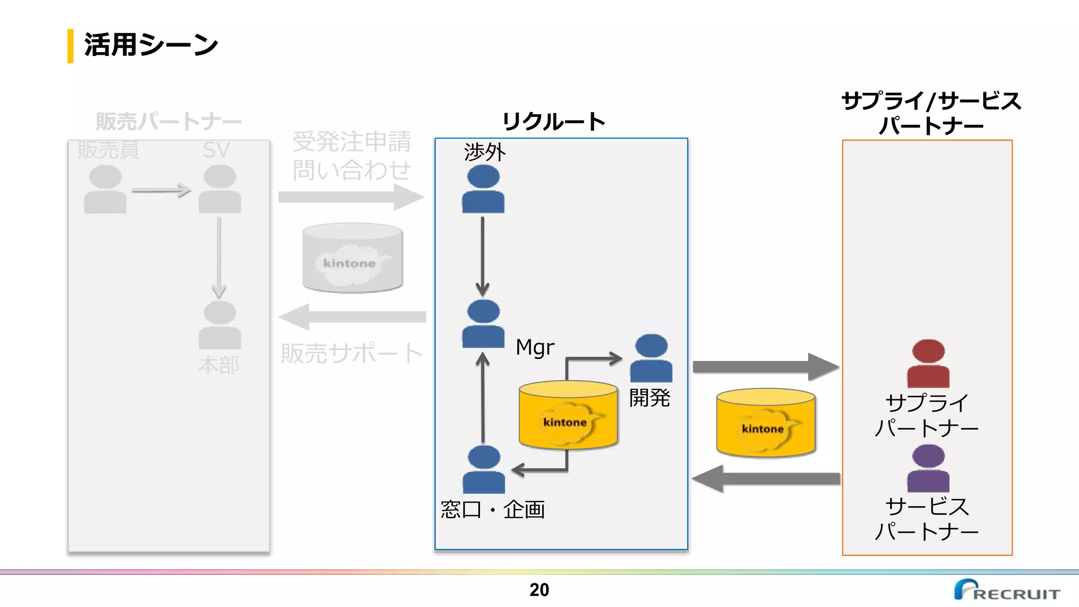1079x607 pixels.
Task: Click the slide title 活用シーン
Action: (151, 45)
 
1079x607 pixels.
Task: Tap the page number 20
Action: (539, 590)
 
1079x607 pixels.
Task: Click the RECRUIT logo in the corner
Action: (1007, 590)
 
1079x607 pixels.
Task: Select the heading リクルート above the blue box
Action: (553, 122)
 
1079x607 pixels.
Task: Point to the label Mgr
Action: (535, 348)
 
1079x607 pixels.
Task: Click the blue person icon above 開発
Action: (651, 358)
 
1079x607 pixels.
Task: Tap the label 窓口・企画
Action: (493, 510)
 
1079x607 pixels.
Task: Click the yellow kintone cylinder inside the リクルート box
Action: (568, 415)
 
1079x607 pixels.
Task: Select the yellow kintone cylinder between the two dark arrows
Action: (766, 423)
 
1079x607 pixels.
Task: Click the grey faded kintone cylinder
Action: (352, 258)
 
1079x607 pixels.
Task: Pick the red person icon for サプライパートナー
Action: (928, 364)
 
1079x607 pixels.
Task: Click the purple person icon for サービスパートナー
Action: (928, 468)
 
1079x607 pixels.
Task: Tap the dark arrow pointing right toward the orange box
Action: (765, 367)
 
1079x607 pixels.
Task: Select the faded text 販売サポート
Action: (351, 353)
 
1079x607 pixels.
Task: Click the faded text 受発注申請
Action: (351, 141)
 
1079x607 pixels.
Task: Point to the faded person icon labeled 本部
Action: (220, 325)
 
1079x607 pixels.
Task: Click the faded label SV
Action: (216, 150)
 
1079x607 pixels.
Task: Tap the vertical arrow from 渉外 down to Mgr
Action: (482, 256)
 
